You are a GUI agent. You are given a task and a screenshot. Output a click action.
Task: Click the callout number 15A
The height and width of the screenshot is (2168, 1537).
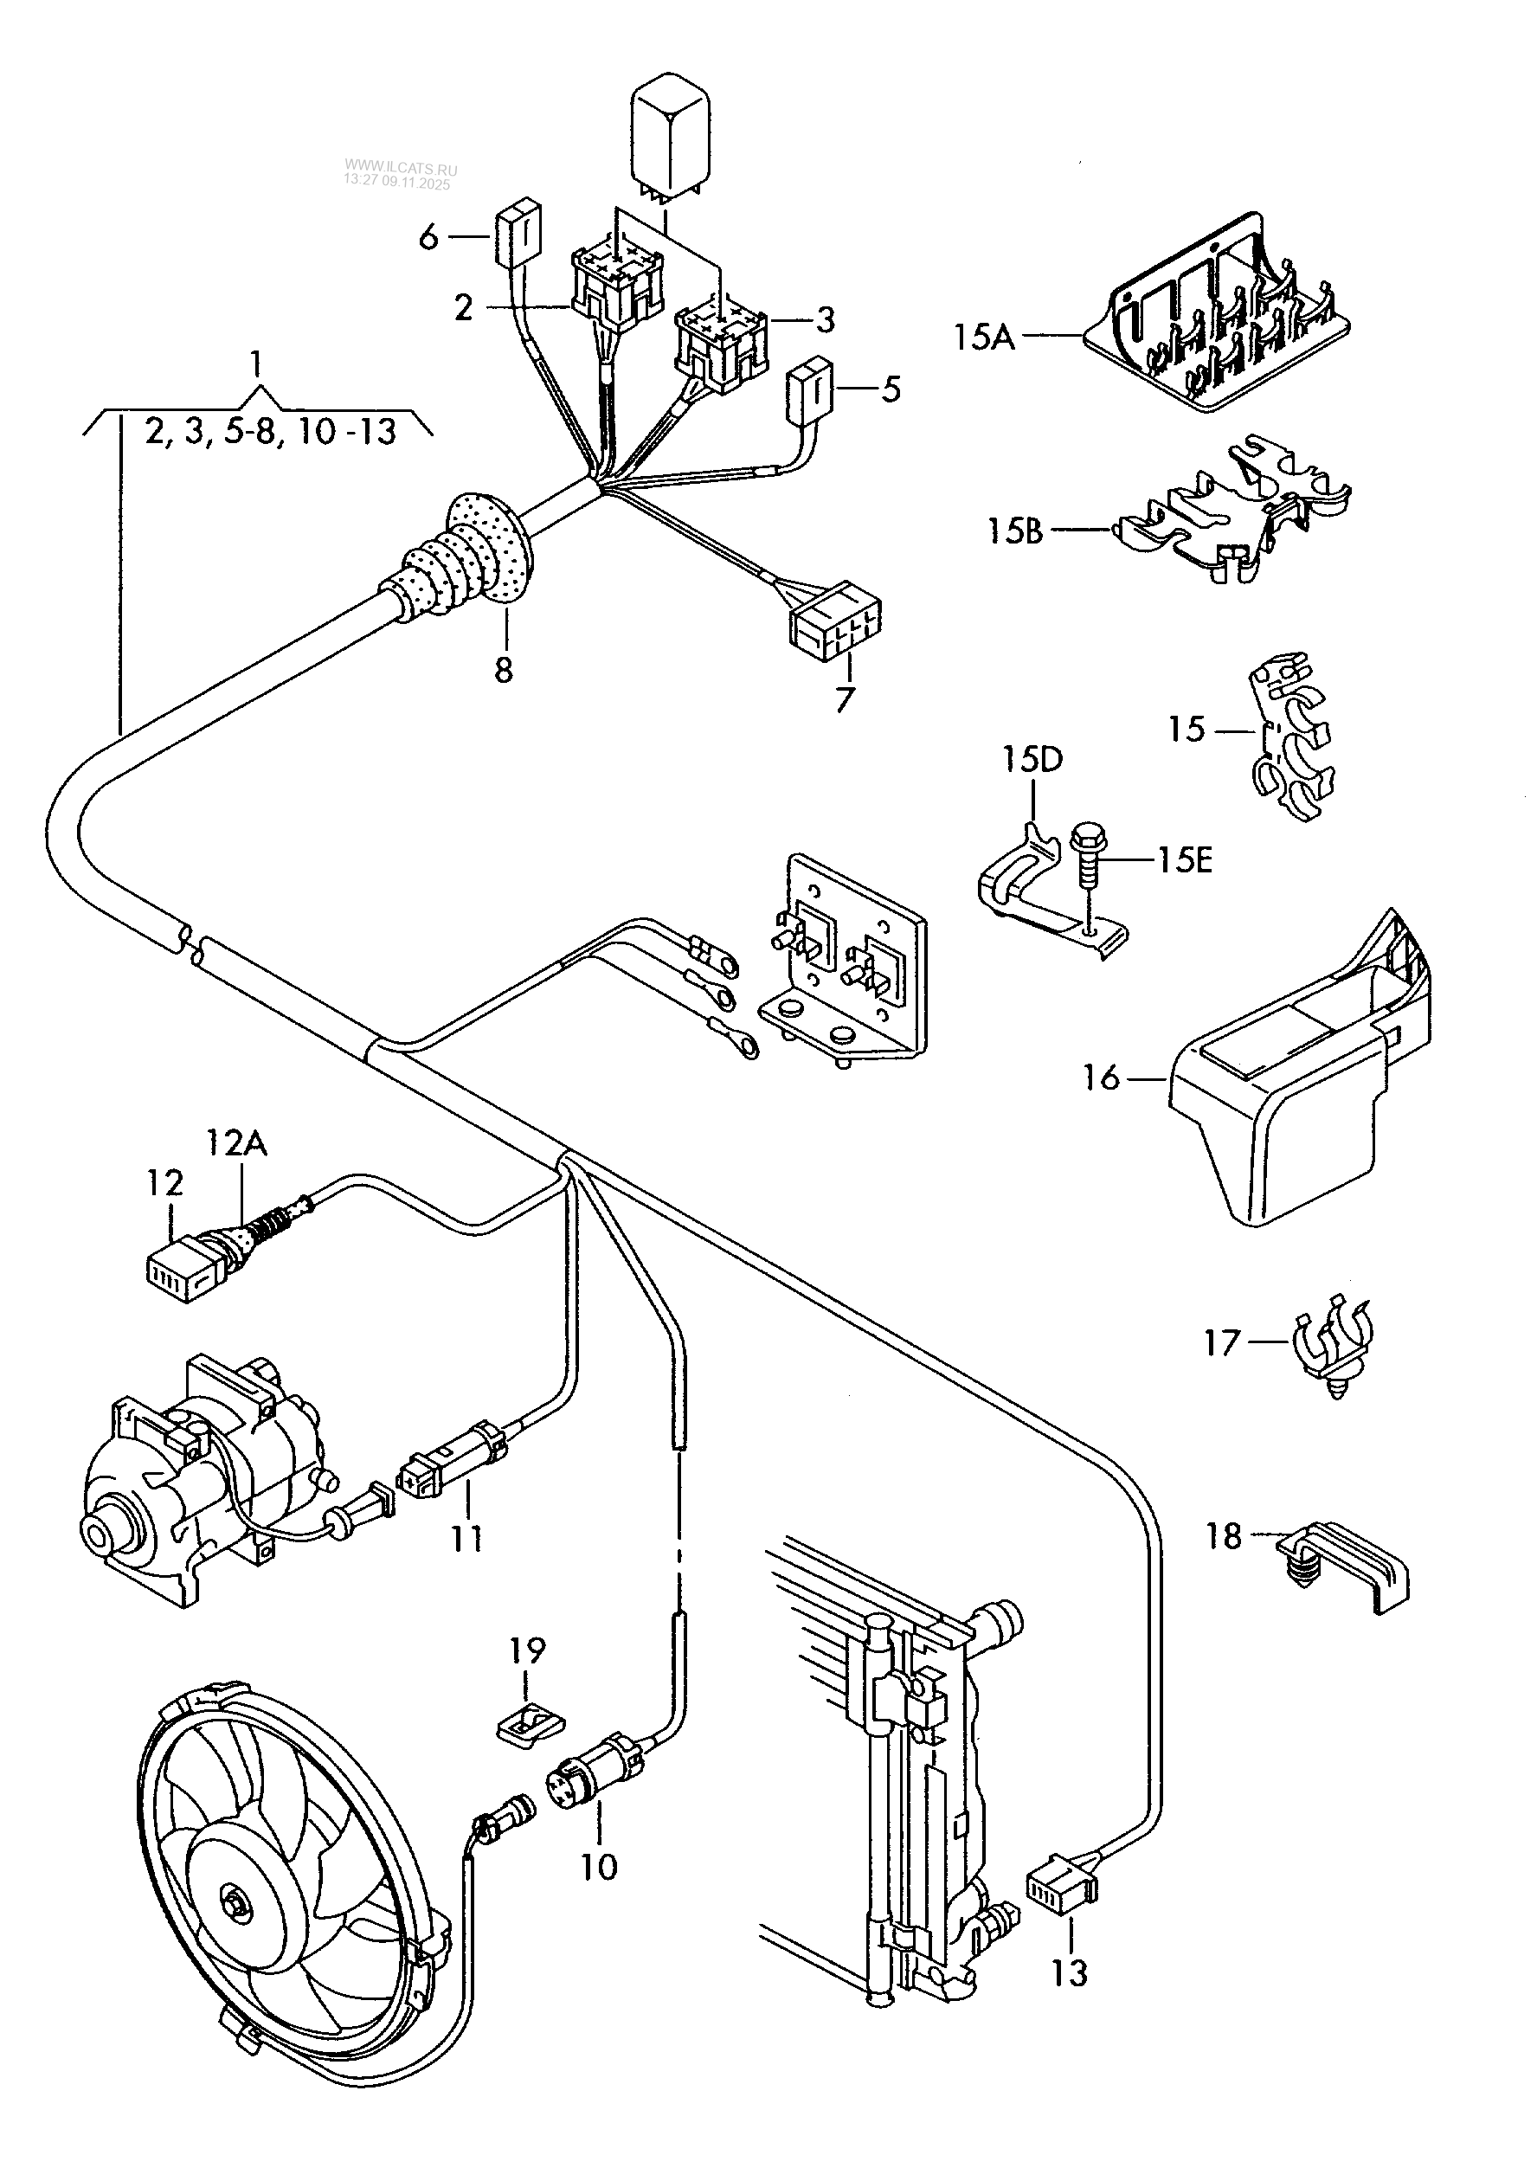(983, 337)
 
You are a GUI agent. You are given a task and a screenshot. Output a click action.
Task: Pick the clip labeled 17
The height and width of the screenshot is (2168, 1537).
(1333, 1348)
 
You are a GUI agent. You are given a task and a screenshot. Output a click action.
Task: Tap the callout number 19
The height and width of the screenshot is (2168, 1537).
(528, 1651)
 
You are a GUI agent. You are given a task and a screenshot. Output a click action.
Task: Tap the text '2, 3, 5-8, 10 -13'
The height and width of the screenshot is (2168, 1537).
(271, 434)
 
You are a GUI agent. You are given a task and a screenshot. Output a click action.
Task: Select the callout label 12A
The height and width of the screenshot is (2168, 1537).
(236, 1144)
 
